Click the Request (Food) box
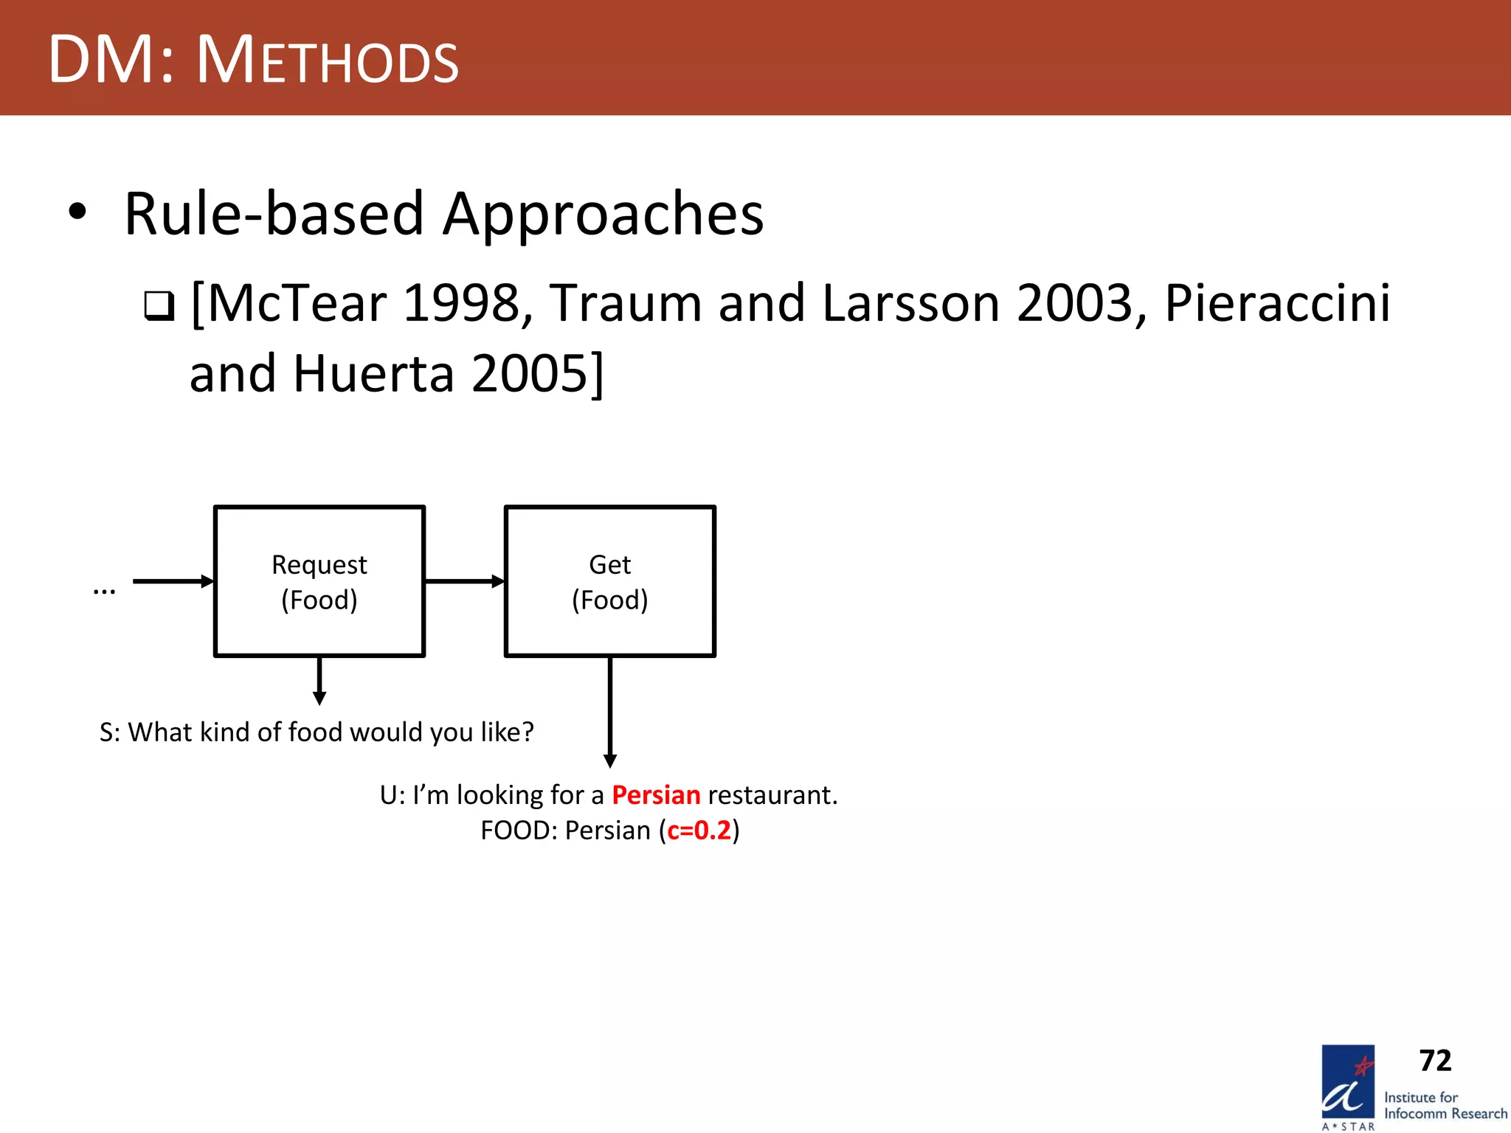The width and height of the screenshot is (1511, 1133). click(x=319, y=581)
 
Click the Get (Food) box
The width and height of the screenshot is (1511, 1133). click(x=610, y=581)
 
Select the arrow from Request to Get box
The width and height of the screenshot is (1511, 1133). click(x=464, y=581)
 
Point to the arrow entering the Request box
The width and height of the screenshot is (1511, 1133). click(x=173, y=581)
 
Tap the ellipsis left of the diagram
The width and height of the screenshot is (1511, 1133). click(x=104, y=590)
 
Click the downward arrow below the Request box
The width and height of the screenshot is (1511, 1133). click(x=319, y=680)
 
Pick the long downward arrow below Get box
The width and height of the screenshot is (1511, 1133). click(x=610, y=712)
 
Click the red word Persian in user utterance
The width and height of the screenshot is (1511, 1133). click(x=656, y=795)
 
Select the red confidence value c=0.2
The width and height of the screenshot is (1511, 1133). click(x=699, y=831)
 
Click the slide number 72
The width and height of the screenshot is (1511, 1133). click(x=1435, y=1061)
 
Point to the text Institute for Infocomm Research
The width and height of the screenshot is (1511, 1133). click(x=1445, y=1106)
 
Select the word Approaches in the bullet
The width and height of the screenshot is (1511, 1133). click(x=603, y=215)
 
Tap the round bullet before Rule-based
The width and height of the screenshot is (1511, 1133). click(x=77, y=212)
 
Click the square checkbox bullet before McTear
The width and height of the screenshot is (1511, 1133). click(x=159, y=305)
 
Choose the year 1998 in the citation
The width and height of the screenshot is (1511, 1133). click(x=462, y=303)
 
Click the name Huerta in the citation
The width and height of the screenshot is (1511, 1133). click(x=373, y=374)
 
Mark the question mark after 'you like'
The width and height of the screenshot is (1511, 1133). click(x=527, y=732)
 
